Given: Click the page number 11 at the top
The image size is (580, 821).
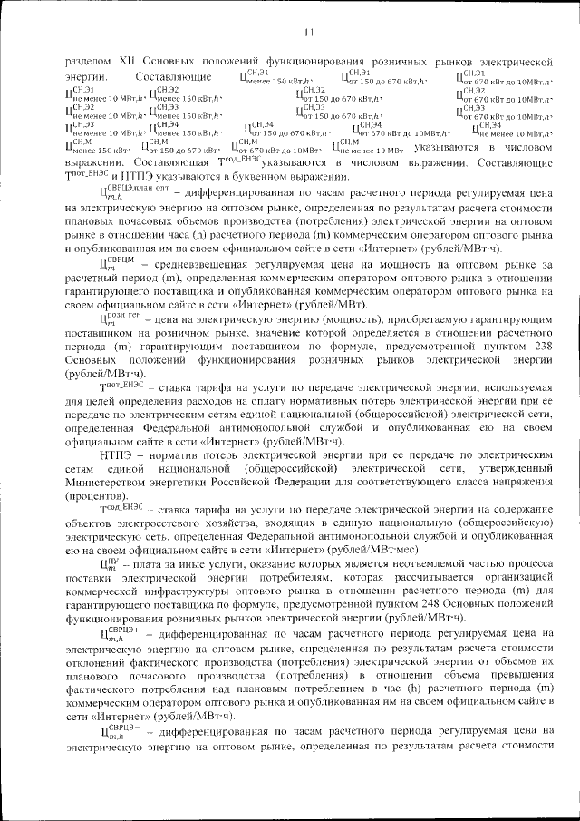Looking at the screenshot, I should (307, 34).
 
